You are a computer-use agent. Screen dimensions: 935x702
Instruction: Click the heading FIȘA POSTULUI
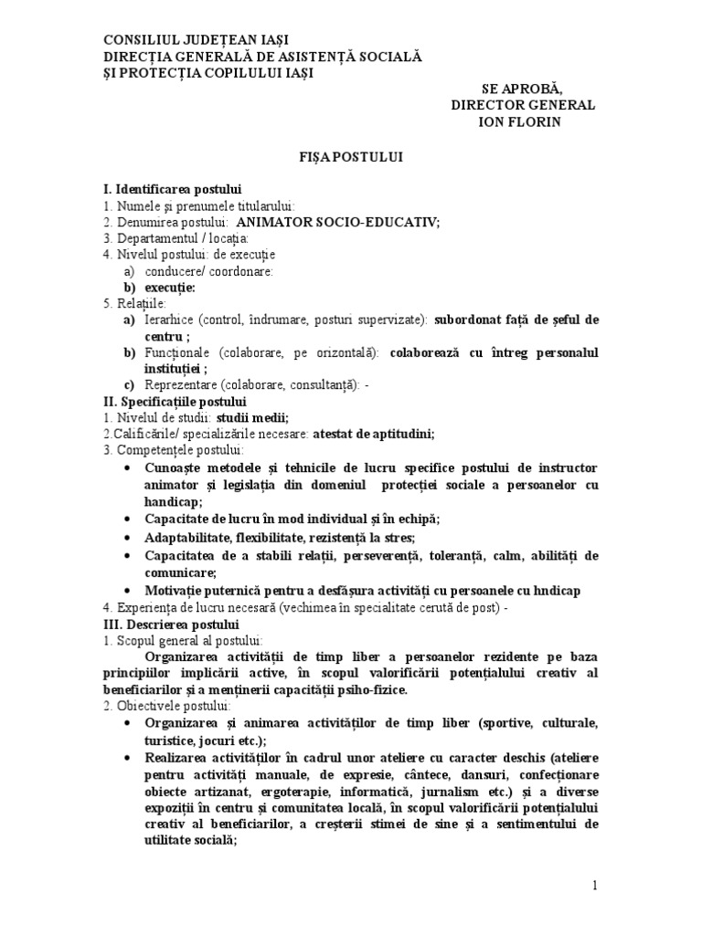pyautogui.click(x=350, y=157)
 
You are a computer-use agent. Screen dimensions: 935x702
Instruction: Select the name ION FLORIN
pyautogui.click(x=523, y=121)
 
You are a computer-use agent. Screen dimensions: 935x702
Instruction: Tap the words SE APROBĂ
pyautogui.click(x=523, y=89)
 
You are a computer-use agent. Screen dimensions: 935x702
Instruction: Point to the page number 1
pyautogui.click(x=594, y=886)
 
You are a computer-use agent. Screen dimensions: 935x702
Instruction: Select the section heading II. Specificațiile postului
pyautogui.click(x=181, y=402)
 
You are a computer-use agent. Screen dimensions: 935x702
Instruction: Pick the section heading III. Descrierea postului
pyautogui.click(x=171, y=625)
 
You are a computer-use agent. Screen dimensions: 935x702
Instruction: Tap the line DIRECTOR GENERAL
pyautogui.click(x=523, y=105)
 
